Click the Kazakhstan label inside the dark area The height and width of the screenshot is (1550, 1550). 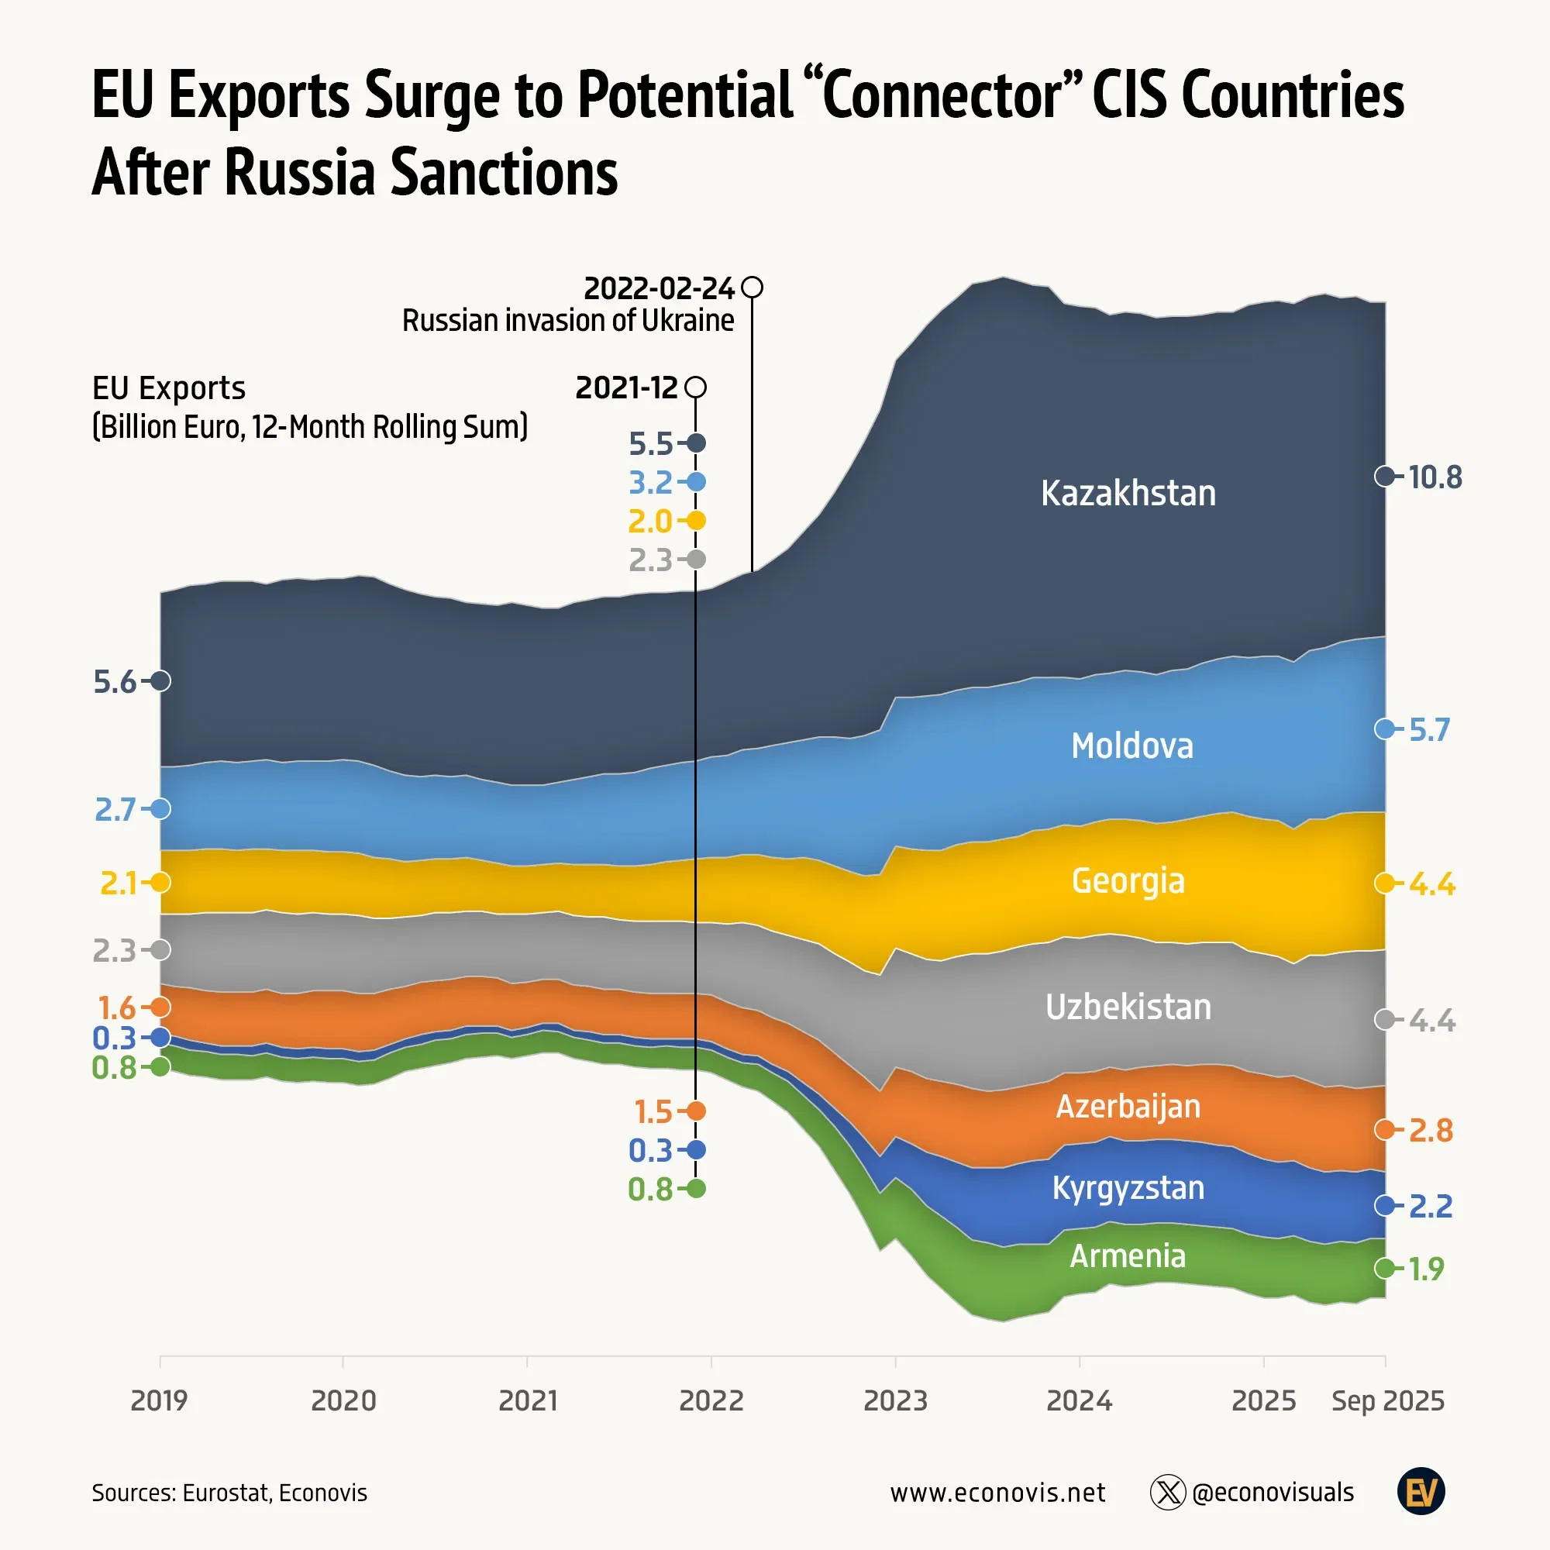pos(1128,493)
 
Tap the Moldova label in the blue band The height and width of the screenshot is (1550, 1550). pos(1132,746)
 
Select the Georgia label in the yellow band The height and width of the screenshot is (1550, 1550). pos(1128,881)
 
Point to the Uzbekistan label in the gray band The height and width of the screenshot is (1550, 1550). pos(1128,1007)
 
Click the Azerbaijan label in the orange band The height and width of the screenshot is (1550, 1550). pos(1128,1107)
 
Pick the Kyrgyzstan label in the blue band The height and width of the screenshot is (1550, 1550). pos(1128,1187)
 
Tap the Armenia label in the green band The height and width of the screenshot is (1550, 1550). pos(1128,1255)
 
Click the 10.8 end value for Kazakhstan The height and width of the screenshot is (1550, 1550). pos(1435,477)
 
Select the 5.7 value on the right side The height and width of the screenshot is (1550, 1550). pos(1429,730)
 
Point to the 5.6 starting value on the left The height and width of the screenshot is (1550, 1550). pos(115,682)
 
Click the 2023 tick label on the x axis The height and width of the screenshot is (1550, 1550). pos(895,1400)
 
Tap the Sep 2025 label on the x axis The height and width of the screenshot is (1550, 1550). pos(1388,1400)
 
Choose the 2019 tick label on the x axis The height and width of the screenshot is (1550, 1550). pos(159,1400)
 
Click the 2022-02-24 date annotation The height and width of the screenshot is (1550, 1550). pos(659,288)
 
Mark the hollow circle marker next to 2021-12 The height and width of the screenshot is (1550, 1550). pos(697,387)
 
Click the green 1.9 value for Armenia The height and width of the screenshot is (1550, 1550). pos(1426,1269)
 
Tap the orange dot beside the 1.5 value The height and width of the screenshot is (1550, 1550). pos(697,1111)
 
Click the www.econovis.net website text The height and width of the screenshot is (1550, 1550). pos(997,1492)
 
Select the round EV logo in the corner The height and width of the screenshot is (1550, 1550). pos(1421,1491)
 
